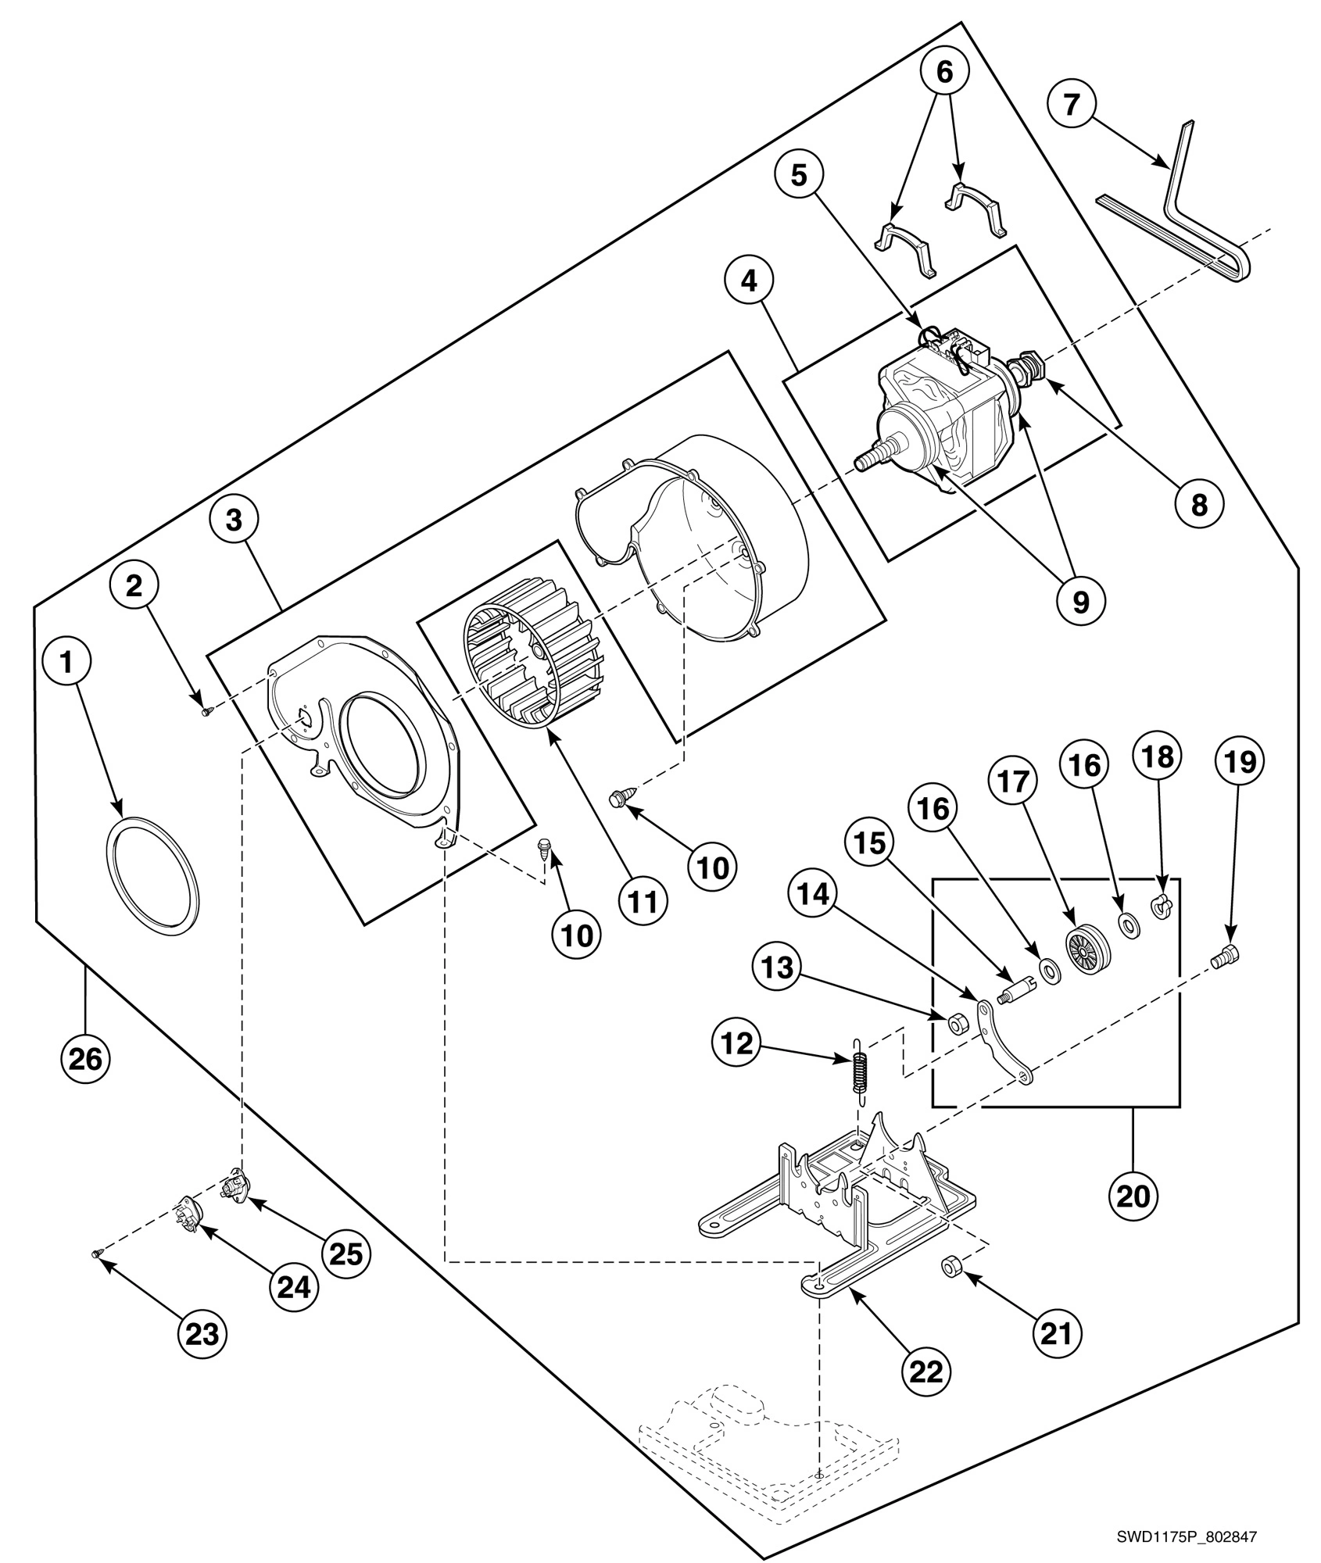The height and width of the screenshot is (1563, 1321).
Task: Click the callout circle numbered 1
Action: pyautogui.click(x=66, y=664)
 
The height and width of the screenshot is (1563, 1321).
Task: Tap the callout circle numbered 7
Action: pyautogui.click(x=1072, y=104)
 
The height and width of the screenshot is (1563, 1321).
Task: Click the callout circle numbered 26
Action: pyautogui.click(x=86, y=1059)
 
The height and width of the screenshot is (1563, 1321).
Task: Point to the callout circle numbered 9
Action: pyautogui.click(x=1081, y=601)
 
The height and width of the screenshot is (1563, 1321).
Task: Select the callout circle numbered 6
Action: pyautogui.click(x=943, y=72)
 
